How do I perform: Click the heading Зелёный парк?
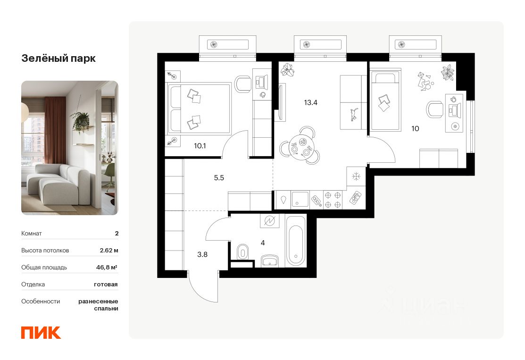coord(58,59)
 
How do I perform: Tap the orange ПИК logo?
coord(41,332)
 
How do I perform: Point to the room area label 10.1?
coord(200,145)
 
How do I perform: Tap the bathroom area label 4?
coord(262,243)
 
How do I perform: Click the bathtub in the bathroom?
coord(296,244)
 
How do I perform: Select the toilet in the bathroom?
coord(242,251)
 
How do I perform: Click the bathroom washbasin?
coord(271,261)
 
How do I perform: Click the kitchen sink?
coord(300,199)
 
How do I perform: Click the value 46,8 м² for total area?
coord(107,267)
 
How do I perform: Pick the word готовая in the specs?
coord(106,284)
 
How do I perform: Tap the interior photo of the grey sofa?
coord(69,148)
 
